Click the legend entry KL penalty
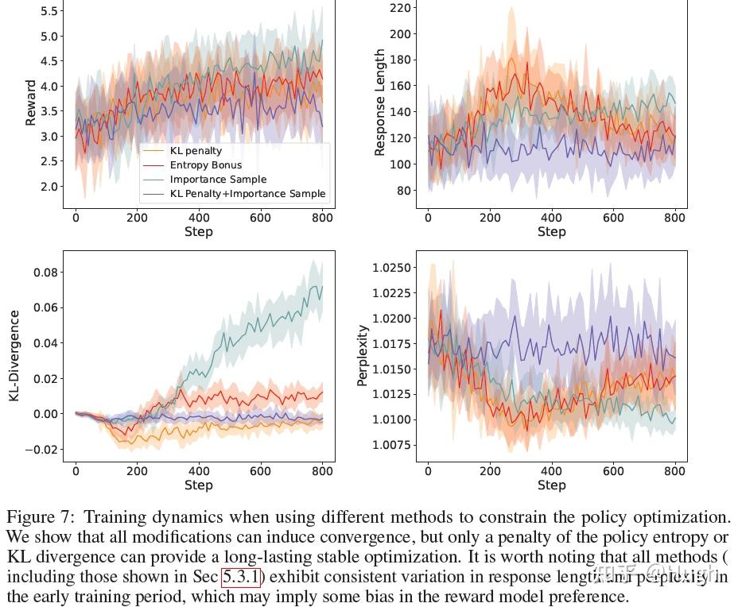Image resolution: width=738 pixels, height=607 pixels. [196, 151]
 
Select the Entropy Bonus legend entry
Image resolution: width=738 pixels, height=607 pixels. [205, 165]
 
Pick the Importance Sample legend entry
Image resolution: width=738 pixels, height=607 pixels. [218, 180]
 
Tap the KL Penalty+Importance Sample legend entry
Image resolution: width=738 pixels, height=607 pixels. [247, 193]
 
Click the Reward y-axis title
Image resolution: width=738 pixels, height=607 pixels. [31, 102]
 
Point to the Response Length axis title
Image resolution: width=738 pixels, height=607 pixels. [380, 102]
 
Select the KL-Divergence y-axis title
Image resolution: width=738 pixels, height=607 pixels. [14, 355]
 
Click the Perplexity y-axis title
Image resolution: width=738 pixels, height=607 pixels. [363, 355]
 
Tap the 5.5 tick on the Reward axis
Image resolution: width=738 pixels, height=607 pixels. [49, 11]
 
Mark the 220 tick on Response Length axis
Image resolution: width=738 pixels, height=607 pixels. [399, 8]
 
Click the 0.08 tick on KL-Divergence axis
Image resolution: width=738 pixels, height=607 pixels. [45, 273]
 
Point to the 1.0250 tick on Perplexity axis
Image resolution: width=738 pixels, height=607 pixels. [391, 268]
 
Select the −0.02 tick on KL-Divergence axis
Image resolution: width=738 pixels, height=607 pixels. [42, 450]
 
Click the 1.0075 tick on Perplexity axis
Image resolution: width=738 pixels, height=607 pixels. [391, 445]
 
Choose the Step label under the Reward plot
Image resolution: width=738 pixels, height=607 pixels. [198, 232]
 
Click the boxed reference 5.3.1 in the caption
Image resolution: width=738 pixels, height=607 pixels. [241, 575]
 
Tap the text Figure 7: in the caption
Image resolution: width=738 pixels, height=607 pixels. [38, 518]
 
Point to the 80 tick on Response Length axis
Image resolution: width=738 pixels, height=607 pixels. [403, 191]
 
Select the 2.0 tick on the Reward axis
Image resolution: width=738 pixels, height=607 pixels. [49, 187]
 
